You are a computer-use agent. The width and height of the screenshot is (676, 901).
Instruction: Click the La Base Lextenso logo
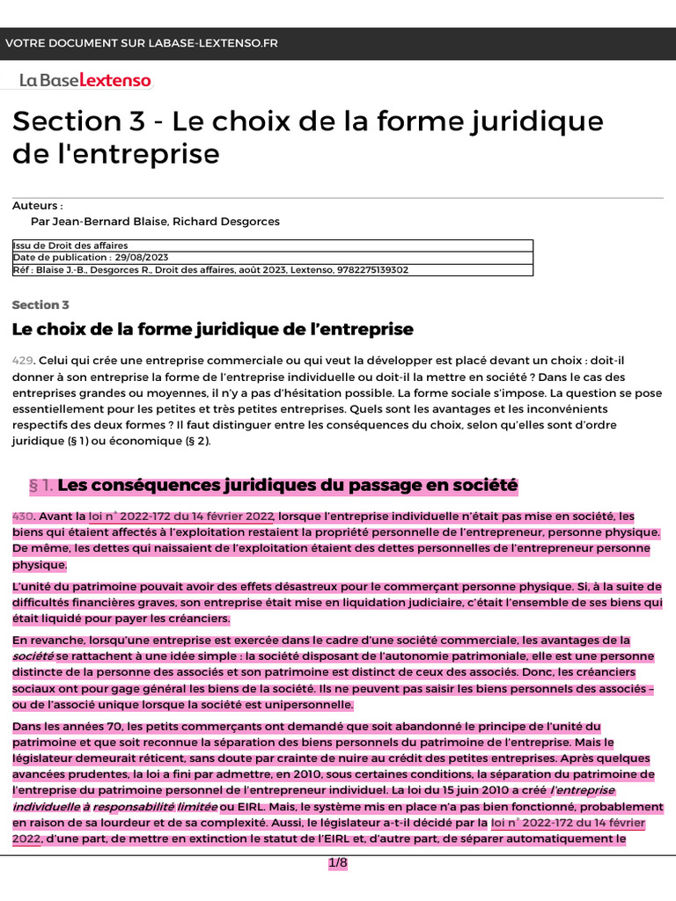click(x=85, y=80)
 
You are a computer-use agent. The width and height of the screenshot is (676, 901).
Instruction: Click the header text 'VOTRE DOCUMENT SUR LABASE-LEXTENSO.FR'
click(x=141, y=43)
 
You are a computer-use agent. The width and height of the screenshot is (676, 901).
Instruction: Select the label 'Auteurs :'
click(x=38, y=205)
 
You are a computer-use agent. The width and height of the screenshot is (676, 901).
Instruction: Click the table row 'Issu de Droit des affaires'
click(x=70, y=245)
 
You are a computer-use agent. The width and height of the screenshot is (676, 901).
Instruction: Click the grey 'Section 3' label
click(x=40, y=304)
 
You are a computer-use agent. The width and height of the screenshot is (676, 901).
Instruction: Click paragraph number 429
click(x=22, y=361)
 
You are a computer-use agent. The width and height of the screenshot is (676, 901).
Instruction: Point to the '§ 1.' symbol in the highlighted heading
click(x=41, y=485)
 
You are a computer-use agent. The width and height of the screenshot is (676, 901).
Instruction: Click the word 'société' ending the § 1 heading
click(x=482, y=485)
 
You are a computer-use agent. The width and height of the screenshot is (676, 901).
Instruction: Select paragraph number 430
click(x=22, y=516)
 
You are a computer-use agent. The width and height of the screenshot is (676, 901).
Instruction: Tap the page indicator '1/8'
click(x=338, y=863)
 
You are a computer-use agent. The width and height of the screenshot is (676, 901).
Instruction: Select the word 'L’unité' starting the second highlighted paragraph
click(x=33, y=586)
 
